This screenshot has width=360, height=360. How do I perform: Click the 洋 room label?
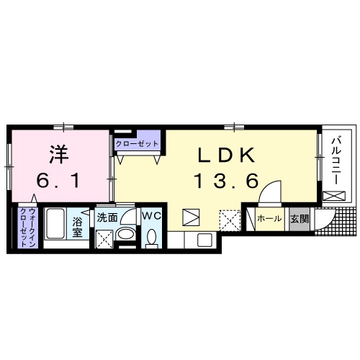click(58, 153)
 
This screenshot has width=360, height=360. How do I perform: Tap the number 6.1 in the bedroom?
click(58, 181)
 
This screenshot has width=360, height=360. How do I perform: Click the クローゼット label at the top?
click(137, 144)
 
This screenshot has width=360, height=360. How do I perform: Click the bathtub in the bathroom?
click(55, 226)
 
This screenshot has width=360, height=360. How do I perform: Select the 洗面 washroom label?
click(107, 217)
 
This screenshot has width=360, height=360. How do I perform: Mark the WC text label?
click(151, 216)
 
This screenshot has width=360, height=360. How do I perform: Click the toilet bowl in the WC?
click(151, 236)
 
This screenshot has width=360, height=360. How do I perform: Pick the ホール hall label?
click(269, 217)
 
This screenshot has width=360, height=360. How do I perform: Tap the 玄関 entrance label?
click(299, 217)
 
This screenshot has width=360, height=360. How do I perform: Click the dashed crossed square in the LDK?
click(230, 218)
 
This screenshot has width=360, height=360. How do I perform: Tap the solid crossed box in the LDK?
click(191, 217)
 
